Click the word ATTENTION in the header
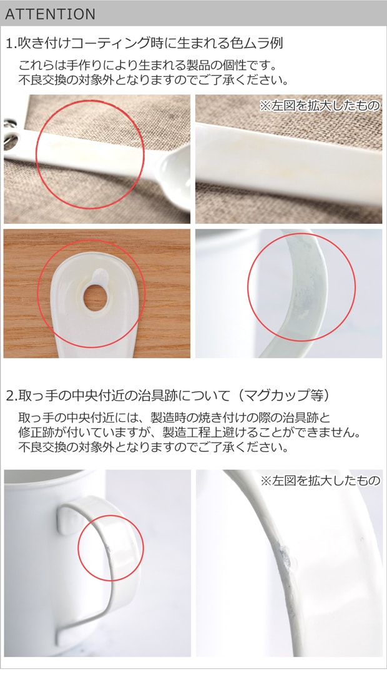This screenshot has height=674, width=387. (50, 14)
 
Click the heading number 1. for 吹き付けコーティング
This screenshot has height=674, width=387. (11, 43)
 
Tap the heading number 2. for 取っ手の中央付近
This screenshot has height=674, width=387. (11, 395)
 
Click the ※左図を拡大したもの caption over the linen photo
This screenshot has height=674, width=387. (320, 106)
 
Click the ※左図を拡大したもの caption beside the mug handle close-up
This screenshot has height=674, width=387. (320, 480)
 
